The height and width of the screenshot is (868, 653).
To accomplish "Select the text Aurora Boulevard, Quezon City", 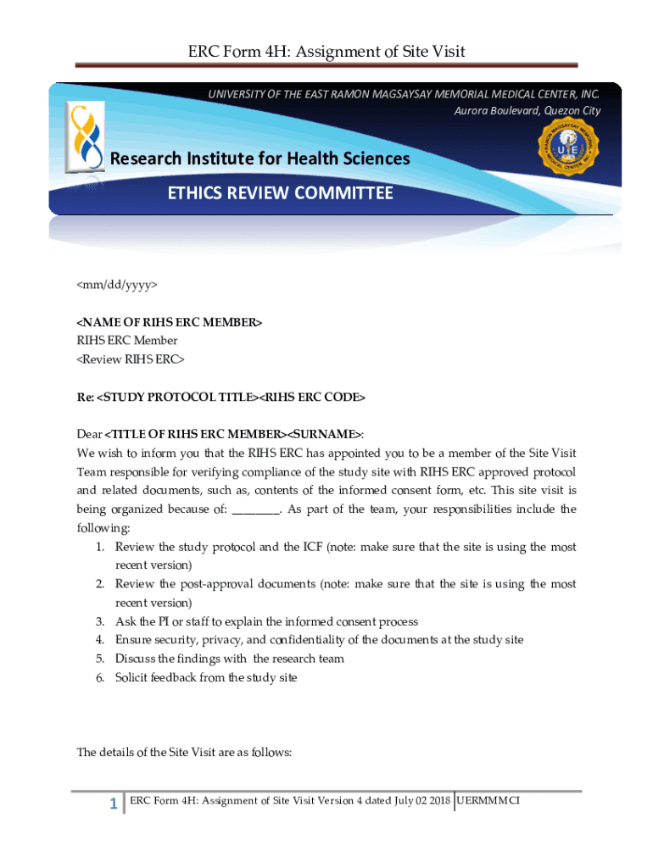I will [527, 111].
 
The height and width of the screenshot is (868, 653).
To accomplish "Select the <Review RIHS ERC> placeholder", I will [131, 359].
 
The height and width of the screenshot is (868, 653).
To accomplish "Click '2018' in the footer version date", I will [438, 799].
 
